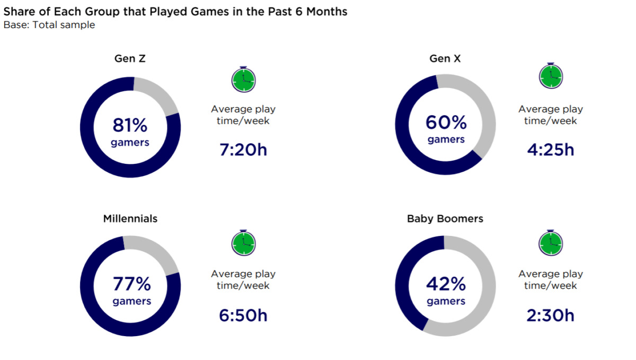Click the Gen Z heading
(x=130, y=59)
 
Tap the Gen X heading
(x=445, y=59)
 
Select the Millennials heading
(x=130, y=218)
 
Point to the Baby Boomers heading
(x=445, y=218)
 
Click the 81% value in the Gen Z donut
(x=130, y=126)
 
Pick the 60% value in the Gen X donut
(x=446, y=123)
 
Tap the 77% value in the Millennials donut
(x=131, y=285)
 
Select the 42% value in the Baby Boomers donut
(x=446, y=285)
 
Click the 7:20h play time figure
(x=243, y=150)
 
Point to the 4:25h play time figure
(x=551, y=150)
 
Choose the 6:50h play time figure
(x=243, y=315)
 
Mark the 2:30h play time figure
(x=551, y=315)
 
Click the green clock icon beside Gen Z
(x=243, y=79)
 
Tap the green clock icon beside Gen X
(x=551, y=76)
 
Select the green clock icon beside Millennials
(x=243, y=242)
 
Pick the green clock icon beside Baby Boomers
(x=551, y=242)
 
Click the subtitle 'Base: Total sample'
(x=49, y=25)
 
